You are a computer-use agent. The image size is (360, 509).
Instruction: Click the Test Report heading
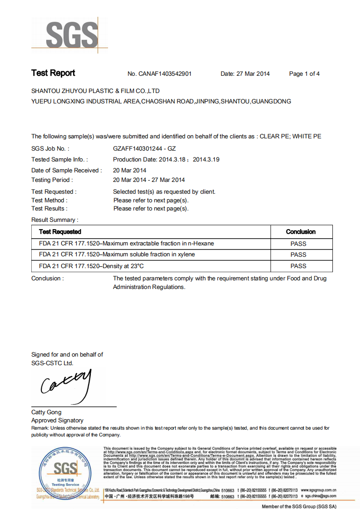(53, 73)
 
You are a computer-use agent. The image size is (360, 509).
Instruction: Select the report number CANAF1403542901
(166, 74)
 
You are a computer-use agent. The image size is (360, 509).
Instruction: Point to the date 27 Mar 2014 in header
(253, 74)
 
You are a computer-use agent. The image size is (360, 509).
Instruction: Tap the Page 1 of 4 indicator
(304, 74)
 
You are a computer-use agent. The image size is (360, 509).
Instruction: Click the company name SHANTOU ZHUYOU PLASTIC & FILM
(95, 91)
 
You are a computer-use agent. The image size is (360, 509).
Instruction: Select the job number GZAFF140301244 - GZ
(144, 148)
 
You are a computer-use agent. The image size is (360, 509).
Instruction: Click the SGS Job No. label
(50, 148)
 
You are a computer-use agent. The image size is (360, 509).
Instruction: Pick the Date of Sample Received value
(129, 171)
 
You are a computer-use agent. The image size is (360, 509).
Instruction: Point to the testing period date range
(149, 180)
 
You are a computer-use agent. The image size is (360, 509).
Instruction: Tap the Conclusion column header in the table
(301, 232)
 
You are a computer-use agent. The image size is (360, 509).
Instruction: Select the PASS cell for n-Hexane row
(298, 244)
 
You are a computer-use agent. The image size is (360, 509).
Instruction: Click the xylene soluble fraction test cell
(117, 254)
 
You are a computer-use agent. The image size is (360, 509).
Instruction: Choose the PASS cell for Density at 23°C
(298, 266)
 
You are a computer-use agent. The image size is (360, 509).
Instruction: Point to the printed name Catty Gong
(46, 412)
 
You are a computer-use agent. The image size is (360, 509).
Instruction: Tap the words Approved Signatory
(57, 421)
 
